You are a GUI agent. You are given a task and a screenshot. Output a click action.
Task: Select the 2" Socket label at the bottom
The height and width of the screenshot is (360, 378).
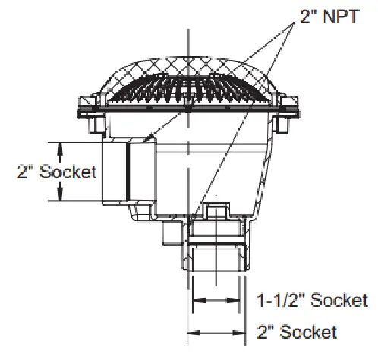point(296,332)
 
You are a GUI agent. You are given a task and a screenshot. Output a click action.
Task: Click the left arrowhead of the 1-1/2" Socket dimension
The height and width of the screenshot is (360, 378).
point(196,302)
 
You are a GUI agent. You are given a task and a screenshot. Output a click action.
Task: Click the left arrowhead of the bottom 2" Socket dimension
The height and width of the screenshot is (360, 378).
point(190,332)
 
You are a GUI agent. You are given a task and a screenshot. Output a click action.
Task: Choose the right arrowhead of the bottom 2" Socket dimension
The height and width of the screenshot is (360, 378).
point(244,332)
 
